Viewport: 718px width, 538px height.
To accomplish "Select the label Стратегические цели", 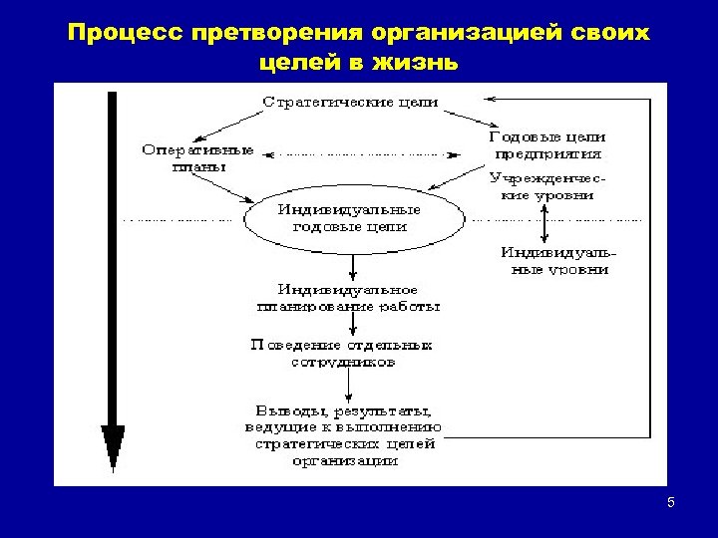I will coord(351,102).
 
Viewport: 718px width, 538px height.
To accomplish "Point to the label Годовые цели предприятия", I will coord(547,145).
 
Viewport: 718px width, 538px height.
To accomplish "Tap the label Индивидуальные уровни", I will coord(555,261).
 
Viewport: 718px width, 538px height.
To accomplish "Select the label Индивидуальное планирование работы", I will coord(349,297).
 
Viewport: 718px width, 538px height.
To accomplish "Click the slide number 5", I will coord(671,502).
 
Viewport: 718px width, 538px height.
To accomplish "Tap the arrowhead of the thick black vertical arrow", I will coord(113,444).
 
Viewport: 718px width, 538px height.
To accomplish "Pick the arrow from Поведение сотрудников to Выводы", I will coord(341,385).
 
